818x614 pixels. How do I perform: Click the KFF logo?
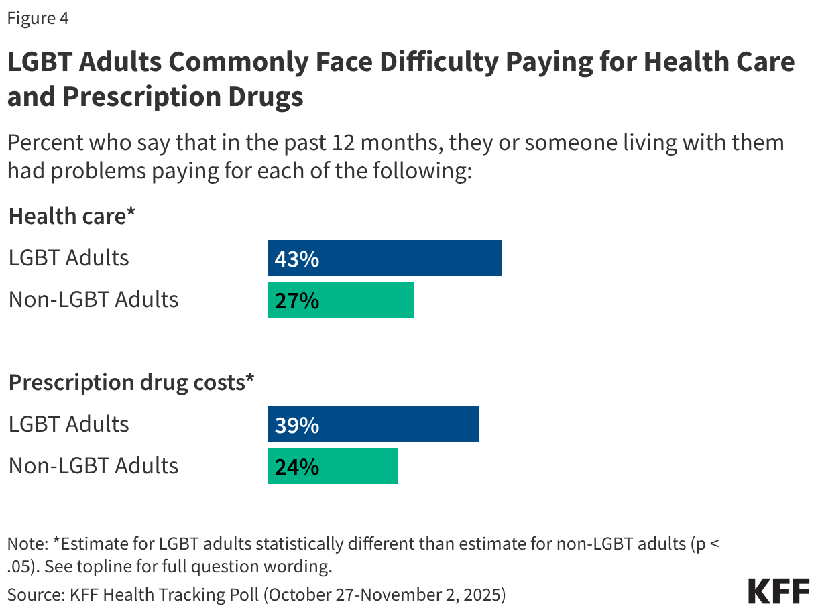778,592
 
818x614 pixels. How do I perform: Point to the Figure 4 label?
38,19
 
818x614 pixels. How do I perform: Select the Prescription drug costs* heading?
131,383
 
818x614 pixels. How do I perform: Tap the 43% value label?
296,259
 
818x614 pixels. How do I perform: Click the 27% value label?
296,300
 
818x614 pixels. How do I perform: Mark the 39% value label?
296,425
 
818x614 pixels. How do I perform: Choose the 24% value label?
296,467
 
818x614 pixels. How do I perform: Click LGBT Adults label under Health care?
68,258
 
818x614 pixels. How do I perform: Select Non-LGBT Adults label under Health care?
93,300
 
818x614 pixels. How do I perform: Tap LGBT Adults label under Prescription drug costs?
68,424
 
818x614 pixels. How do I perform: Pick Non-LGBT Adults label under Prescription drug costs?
93,466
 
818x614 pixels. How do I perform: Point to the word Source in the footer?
31,593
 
